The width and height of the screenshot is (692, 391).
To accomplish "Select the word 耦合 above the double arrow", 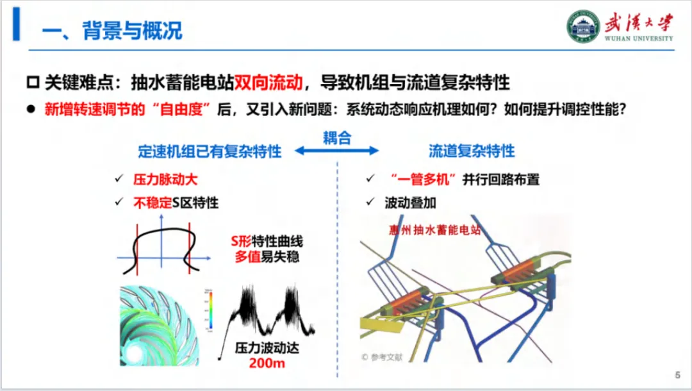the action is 337,137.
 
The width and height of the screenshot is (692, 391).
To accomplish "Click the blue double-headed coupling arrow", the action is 337,151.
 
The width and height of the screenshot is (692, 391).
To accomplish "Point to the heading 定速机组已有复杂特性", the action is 210,151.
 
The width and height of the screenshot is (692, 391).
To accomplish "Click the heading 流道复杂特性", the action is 472,151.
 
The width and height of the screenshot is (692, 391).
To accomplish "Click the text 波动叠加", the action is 410,203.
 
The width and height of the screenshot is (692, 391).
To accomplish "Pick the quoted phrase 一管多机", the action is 426,179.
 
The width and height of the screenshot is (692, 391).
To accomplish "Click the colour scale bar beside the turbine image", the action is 209,310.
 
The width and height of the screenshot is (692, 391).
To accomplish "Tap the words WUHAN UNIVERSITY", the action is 639,38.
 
